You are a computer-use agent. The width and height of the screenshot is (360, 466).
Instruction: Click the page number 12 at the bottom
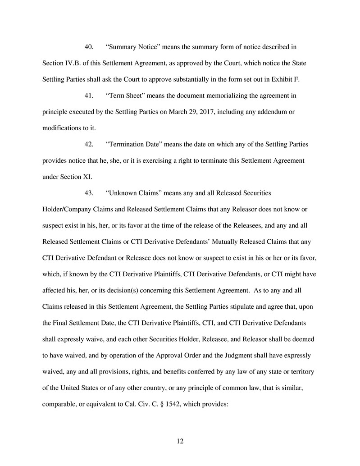point(180,441)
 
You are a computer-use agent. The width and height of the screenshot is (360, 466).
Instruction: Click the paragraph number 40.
point(89,47)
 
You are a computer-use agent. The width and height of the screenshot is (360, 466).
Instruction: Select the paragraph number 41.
point(89,96)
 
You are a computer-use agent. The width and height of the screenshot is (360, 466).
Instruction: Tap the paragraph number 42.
point(89,144)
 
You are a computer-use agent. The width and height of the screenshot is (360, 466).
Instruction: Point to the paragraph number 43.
point(89,193)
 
